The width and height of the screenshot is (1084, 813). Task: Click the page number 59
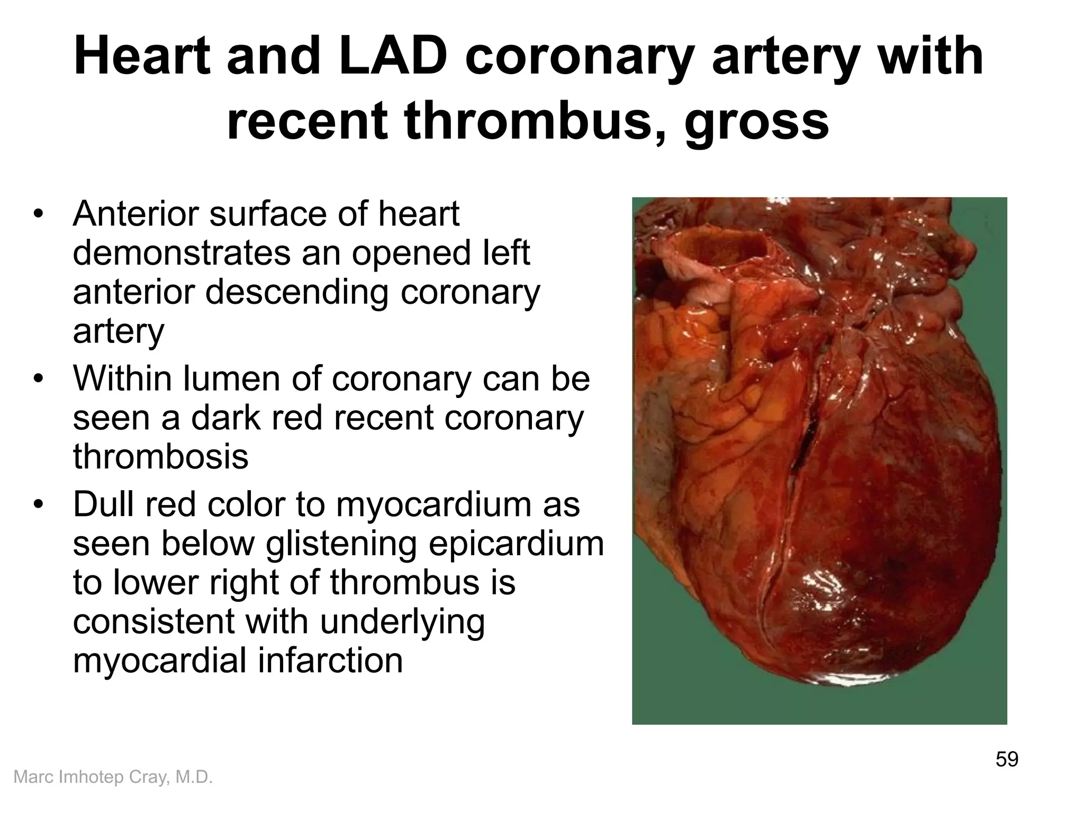coord(1007,759)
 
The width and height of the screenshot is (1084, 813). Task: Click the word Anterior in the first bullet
coord(135,214)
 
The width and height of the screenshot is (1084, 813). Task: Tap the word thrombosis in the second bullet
coord(160,457)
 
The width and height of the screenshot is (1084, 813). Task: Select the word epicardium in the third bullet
coord(516,544)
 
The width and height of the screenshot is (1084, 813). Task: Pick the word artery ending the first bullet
coord(119,331)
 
